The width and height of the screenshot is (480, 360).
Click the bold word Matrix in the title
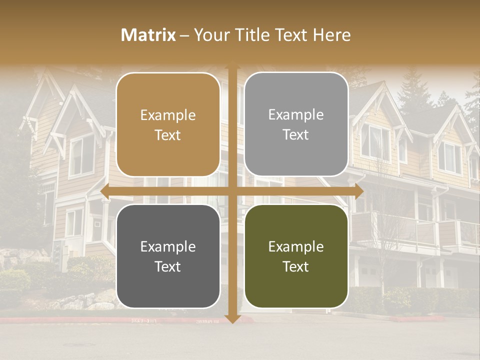[x=148, y=34]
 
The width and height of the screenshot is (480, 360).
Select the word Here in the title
[x=331, y=34]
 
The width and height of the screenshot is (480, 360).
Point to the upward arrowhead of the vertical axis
[x=232, y=66]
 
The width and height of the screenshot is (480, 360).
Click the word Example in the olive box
[x=296, y=246]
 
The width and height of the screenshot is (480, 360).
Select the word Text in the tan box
[x=168, y=135]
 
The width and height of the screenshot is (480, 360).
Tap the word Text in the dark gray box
[x=168, y=266]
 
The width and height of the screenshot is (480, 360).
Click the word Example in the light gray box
[x=296, y=114]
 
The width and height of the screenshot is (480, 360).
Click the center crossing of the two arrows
[x=232, y=191]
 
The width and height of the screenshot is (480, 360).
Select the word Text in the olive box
[x=296, y=266]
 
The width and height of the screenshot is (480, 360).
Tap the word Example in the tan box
[x=168, y=115]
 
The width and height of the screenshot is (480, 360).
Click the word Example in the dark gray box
[x=168, y=246]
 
